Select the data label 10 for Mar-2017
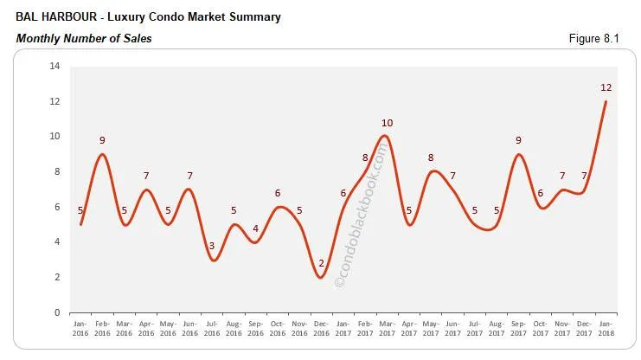(x=387, y=123)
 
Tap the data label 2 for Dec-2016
(x=321, y=263)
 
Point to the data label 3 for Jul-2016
(x=211, y=246)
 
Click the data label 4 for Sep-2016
(x=254, y=228)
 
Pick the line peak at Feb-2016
(x=102, y=154)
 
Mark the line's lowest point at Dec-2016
(x=321, y=277)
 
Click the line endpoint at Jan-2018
(x=605, y=102)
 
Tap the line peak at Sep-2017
(x=517, y=154)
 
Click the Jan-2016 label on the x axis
(x=80, y=330)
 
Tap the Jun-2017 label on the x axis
(x=452, y=330)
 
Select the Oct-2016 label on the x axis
(x=277, y=330)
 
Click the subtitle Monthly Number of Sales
(x=84, y=38)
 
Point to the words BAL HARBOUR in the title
(x=53, y=17)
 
